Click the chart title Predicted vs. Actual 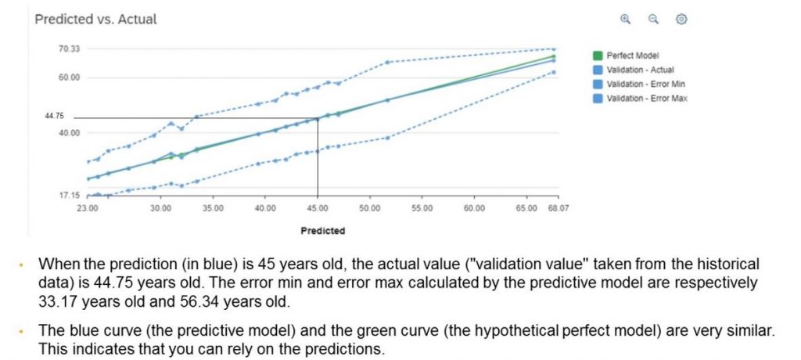(x=95, y=19)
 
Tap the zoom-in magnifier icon (x=625, y=19)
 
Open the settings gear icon (x=681, y=19)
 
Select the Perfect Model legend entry (x=632, y=56)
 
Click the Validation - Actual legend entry (x=640, y=70)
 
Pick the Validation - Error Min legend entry (x=646, y=84)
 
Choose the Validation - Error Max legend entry (x=647, y=98)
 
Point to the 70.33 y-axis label (x=69, y=49)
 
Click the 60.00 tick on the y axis (x=69, y=77)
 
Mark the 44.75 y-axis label (x=54, y=116)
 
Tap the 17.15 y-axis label (x=69, y=195)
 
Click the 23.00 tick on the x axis (x=88, y=209)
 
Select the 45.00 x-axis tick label (x=318, y=209)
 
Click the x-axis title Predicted (x=322, y=231)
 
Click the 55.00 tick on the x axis (x=422, y=209)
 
